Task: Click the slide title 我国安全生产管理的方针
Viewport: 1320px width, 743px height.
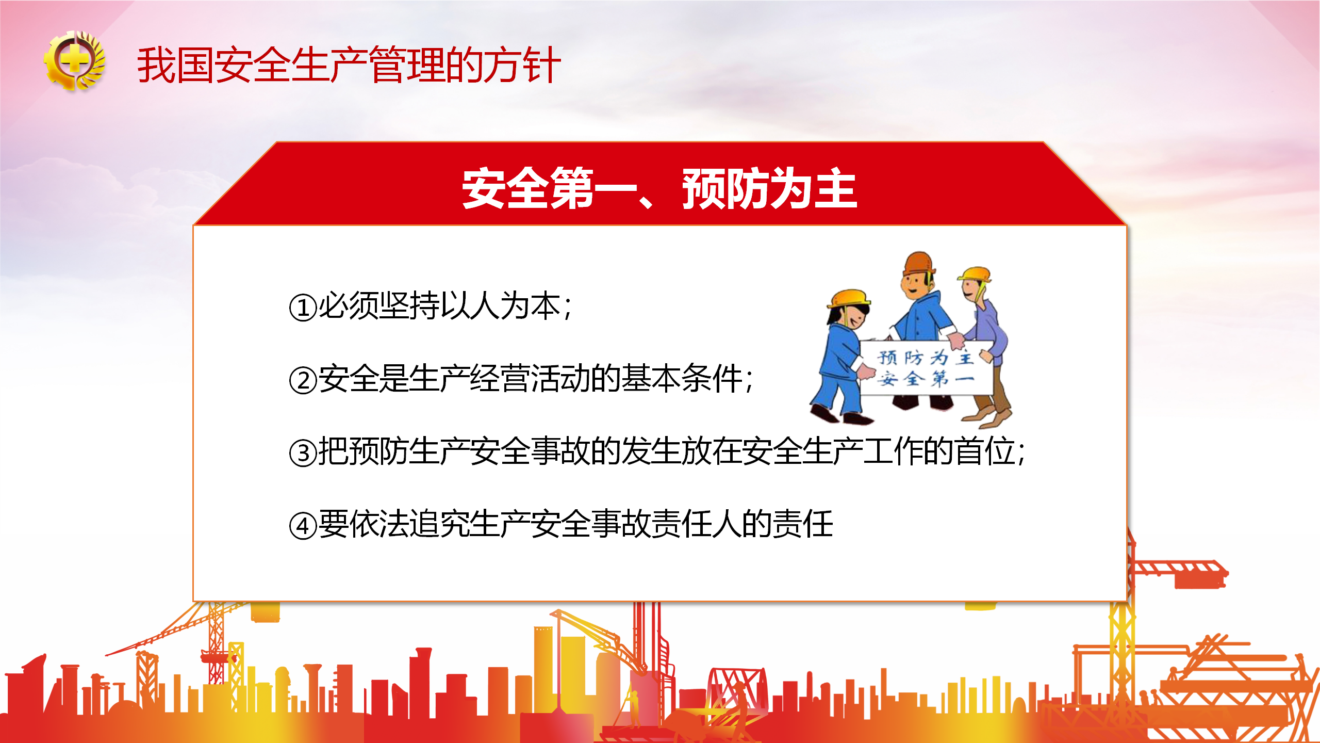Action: click(349, 65)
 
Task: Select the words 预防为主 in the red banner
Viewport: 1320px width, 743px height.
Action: click(770, 188)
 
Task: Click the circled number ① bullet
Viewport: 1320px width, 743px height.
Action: click(303, 308)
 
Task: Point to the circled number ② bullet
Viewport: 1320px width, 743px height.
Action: click(303, 380)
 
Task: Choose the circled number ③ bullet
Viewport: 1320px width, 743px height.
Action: click(303, 453)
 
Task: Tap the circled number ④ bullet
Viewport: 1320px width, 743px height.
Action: click(303, 526)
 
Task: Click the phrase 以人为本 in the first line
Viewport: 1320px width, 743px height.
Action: click(500, 306)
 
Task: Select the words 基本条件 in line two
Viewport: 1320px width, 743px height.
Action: click(682, 379)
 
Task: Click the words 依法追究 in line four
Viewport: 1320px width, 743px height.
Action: click(409, 524)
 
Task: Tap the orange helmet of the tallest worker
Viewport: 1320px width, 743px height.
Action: click(919, 263)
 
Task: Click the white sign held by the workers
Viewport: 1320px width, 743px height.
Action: click(926, 368)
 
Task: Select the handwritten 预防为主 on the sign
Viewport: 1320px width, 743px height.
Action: click(926, 357)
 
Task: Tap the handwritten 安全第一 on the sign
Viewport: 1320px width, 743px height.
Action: click(926, 379)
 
